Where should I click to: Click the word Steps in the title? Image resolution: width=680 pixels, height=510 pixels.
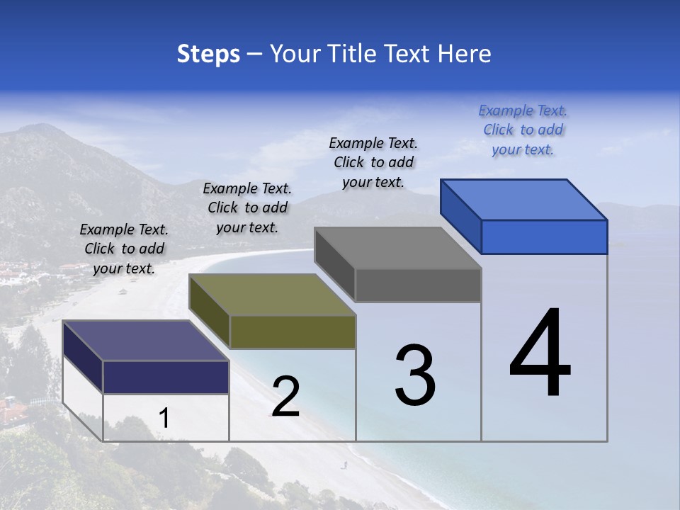(208, 54)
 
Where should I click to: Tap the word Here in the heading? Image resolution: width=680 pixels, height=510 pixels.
(465, 54)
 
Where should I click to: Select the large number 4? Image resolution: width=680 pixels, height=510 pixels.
(540, 354)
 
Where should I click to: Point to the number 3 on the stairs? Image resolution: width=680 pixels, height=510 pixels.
(415, 375)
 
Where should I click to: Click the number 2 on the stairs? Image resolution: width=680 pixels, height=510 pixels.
(285, 397)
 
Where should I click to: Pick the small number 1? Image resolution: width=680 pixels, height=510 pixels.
(164, 419)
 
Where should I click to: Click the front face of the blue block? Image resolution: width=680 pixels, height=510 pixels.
(544, 237)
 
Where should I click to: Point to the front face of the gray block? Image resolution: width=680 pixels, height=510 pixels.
(418, 285)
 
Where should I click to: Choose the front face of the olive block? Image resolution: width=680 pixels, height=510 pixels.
(293, 331)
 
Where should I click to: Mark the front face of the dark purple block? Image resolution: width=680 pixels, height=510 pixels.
(166, 377)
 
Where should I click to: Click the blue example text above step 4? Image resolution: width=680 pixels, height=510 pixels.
(523, 130)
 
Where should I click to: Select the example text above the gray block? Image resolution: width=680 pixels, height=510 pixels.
(373, 163)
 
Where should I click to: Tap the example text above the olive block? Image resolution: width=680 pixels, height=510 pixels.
(247, 208)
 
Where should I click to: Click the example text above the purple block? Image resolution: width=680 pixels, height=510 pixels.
(124, 249)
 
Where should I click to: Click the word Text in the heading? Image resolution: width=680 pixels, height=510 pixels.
(410, 54)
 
